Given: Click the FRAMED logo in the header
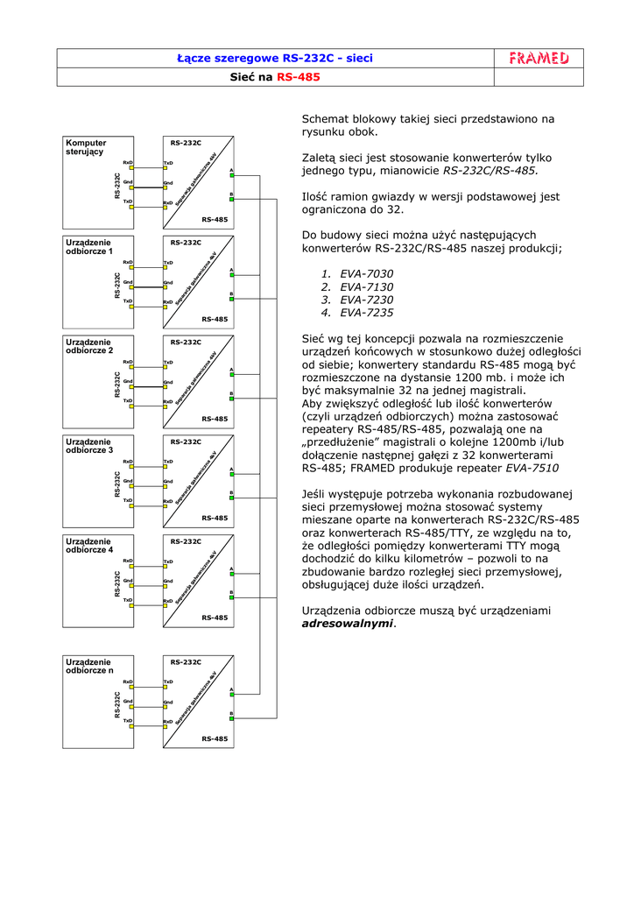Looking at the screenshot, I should (x=539, y=59).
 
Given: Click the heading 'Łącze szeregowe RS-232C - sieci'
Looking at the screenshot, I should (x=275, y=59).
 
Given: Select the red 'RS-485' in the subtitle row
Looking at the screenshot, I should (x=299, y=77).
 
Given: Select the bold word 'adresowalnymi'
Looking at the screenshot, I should (x=348, y=624).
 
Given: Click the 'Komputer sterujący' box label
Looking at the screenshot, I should (x=86, y=147).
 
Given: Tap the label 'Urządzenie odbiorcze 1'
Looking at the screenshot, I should (x=89, y=246).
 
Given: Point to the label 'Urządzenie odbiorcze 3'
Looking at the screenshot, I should (x=89, y=446).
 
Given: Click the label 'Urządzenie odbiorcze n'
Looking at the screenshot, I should (x=89, y=667).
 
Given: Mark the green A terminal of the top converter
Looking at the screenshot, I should (x=231, y=174).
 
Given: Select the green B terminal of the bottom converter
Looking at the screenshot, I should (x=231, y=720).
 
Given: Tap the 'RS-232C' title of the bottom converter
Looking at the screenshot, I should (x=186, y=662).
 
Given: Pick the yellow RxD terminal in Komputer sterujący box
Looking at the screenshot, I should (x=131, y=168).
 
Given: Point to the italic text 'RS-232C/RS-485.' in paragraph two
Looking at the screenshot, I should (x=490, y=171).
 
